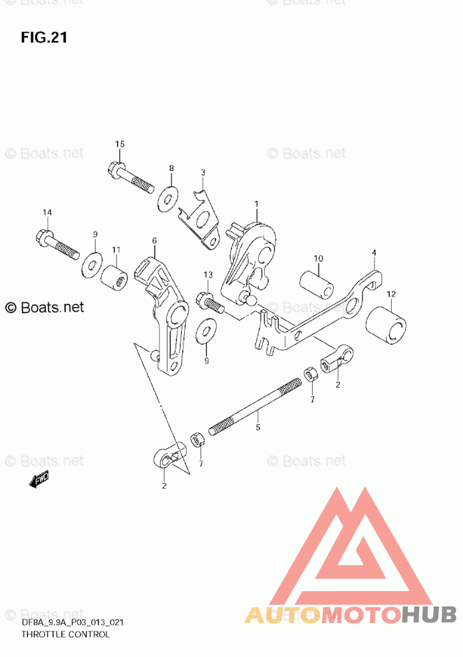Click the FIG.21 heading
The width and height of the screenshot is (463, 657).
[44, 37]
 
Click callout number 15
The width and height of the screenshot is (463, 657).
[120, 144]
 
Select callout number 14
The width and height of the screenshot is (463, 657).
[47, 212]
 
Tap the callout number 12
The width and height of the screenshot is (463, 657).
[390, 294]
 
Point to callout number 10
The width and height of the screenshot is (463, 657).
[318, 258]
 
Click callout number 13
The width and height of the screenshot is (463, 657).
[208, 275]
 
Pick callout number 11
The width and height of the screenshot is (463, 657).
[116, 249]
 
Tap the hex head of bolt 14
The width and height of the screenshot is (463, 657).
[41, 236]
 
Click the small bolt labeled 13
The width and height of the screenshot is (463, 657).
[210, 303]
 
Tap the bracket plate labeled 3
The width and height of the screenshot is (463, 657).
[203, 215]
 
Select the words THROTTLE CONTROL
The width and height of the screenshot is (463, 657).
[65, 634]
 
